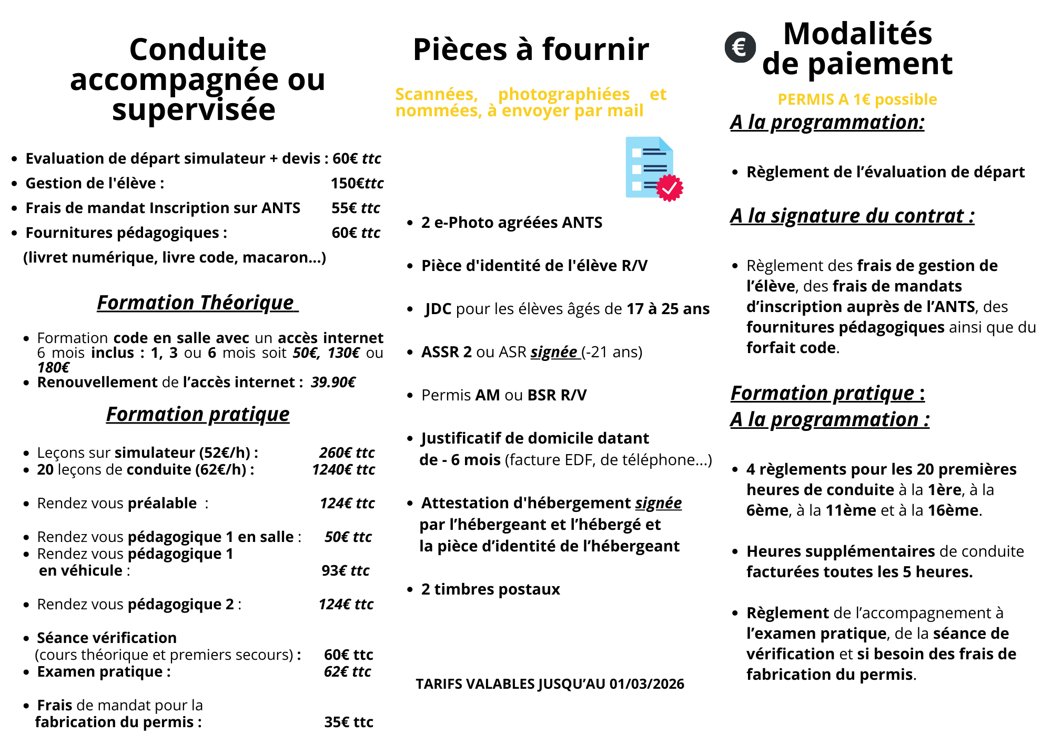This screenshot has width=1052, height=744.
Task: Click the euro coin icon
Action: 740,47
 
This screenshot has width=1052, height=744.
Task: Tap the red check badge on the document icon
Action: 670,188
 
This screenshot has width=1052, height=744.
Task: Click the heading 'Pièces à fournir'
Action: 531,49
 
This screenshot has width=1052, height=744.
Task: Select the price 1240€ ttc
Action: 343,469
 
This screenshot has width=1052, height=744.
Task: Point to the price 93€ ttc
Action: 346,570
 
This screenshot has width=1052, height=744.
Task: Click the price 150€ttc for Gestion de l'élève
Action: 357,183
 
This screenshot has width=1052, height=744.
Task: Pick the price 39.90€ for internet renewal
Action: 333,382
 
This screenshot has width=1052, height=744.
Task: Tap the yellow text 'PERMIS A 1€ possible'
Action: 857,99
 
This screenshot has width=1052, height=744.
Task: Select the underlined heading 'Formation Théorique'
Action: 197,303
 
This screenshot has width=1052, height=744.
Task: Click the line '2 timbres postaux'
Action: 490,589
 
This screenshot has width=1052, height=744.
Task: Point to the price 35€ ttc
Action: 349,722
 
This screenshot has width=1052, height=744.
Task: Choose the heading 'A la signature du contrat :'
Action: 852,216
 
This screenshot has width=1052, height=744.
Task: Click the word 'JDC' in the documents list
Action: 438,309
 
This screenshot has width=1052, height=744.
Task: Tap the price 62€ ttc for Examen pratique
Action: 347,671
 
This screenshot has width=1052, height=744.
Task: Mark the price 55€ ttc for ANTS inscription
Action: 356,208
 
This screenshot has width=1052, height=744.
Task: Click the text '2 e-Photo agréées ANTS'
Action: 511,223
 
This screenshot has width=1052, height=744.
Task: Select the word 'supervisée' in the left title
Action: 194,110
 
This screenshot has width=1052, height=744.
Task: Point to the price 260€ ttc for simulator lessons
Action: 347,453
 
